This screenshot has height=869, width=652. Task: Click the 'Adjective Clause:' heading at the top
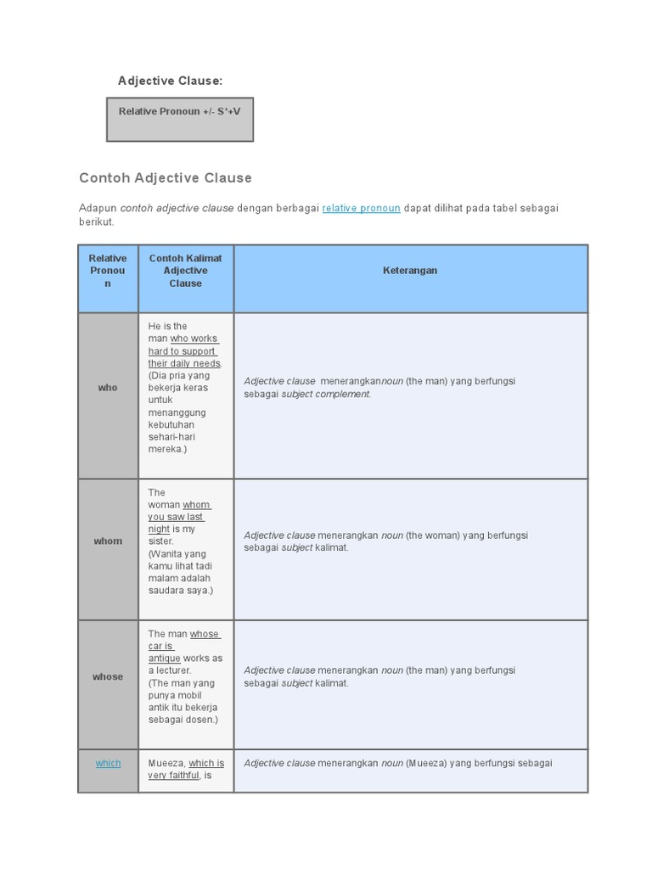click(170, 81)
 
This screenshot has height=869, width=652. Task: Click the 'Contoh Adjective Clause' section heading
click(166, 178)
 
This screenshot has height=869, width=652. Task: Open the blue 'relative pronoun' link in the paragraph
click(361, 209)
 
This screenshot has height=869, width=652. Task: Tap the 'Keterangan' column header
click(410, 271)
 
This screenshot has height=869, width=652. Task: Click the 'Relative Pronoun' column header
click(108, 271)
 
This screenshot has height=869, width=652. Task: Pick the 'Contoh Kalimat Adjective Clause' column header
click(185, 271)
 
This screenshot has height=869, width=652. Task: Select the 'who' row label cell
click(108, 388)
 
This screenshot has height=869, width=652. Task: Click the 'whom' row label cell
click(108, 541)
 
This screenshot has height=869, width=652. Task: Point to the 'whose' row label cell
click(108, 677)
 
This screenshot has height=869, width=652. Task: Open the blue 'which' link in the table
click(108, 764)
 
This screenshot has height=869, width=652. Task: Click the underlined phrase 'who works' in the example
click(194, 339)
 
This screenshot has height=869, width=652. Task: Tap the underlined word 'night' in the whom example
click(159, 529)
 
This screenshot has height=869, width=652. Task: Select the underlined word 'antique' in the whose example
click(164, 659)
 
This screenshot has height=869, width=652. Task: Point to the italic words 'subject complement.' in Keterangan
click(326, 395)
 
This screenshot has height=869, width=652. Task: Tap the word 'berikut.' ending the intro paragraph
click(96, 222)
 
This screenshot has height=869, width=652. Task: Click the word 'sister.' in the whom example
click(160, 541)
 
